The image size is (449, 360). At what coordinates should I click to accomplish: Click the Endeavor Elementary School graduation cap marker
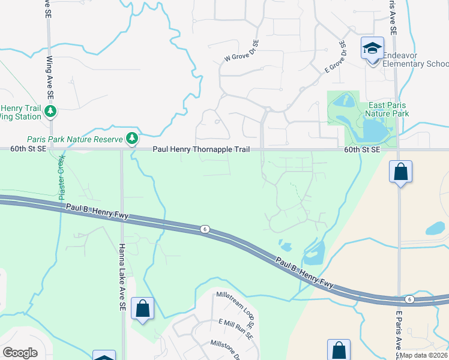[372, 48]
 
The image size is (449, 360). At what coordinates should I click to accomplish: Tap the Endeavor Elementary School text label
[415, 59]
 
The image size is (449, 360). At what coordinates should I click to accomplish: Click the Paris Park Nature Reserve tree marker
[132, 139]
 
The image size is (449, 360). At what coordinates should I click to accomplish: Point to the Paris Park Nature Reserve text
[71, 139]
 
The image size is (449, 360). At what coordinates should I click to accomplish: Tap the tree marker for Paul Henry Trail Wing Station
[51, 111]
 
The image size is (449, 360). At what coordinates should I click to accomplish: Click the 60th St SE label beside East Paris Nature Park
[362, 149]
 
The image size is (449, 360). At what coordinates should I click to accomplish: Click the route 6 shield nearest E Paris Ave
[409, 299]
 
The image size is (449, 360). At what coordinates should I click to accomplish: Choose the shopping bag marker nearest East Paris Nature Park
[400, 172]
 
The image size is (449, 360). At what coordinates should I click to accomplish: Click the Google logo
[20, 352]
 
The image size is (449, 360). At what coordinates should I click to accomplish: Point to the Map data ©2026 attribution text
[423, 355]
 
